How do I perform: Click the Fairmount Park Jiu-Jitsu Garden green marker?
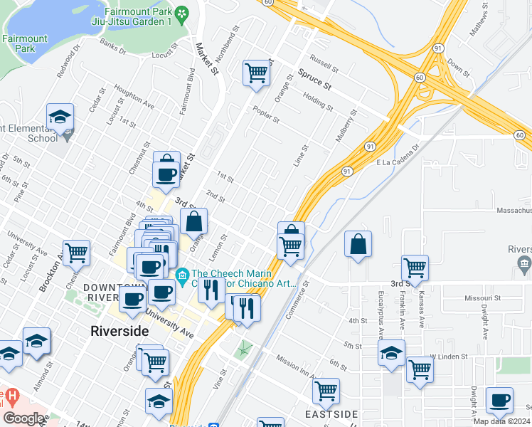[183, 14]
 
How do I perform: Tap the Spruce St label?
[315, 79]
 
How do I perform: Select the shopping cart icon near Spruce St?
[256, 72]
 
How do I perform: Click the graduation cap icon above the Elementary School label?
[60, 116]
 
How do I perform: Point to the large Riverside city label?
[119, 331]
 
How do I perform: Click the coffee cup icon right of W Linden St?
[500, 400]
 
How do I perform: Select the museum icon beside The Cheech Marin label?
[182, 274]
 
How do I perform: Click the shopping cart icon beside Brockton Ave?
[77, 251]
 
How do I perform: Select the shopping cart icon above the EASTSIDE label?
[326, 390]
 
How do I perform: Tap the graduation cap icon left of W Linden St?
[390, 352]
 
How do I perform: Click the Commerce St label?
[298, 296]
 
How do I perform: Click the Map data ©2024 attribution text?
[501, 421]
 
